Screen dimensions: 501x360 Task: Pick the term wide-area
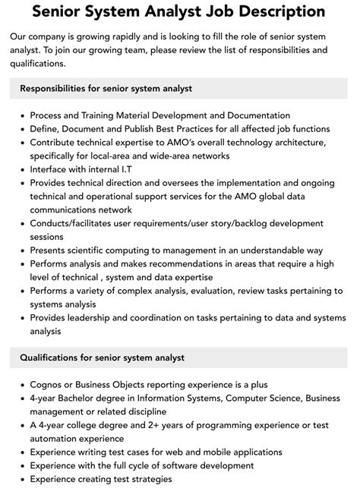176,156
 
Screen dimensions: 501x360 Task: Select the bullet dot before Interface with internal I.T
23,169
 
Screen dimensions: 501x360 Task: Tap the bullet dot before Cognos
23,385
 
